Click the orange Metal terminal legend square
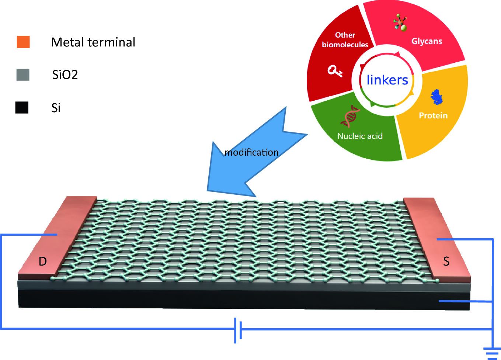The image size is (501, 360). coord(23,42)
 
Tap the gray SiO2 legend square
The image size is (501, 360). coord(23,75)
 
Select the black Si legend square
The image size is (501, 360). coord(22,107)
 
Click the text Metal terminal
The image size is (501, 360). coord(93,42)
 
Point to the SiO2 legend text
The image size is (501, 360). coord(65,75)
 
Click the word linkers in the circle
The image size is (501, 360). coord(387,80)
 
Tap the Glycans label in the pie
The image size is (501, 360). coord(427,41)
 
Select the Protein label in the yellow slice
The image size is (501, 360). coord(433,115)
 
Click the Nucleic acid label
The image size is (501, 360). coord(360,136)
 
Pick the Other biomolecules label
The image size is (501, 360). coord(345,40)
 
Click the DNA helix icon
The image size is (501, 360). coord(351,116)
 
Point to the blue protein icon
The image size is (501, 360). coord(437,97)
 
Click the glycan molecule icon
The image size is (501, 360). coord(400,23)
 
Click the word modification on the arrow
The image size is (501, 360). coord(251,152)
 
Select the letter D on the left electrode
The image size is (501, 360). coord(43,262)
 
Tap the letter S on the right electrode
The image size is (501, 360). coord(446,262)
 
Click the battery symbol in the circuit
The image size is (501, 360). coord(238,329)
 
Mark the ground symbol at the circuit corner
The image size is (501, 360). coord(493,352)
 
